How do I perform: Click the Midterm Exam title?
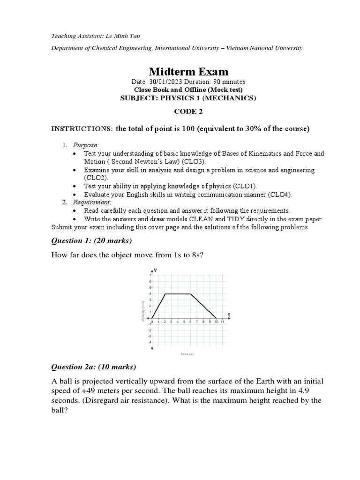tap(188, 72)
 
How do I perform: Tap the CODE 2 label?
tap(188, 111)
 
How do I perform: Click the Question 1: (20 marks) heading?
tap(91, 241)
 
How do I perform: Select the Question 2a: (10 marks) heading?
tap(94, 366)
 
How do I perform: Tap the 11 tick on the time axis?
tap(223, 322)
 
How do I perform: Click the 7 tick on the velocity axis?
tap(150, 275)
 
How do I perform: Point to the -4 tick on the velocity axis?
tap(150, 342)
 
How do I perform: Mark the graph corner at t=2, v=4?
tap(165, 294)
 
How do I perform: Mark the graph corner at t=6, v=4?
tap(190, 294)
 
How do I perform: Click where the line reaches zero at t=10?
tap(216, 318)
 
